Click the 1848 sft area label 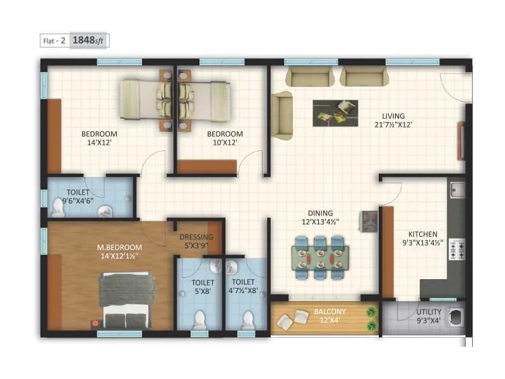pyautogui.click(x=90, y=40)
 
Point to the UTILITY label pyautogui.click(x=429, y=316)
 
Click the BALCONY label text pyautogui.click(x=330, y=316)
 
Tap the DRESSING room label pyautogui.click(x=196, y=241)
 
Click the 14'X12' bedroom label pyautogui.click(x=99, y=138)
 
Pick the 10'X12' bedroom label pyautogui.click(x=225, y=138)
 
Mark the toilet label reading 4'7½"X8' pyautogui.click(x=243, y=286)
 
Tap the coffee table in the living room pyautogui.click(x=335, y=111)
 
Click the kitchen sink pyautogui.click(x=456, y=189)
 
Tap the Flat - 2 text pyautogui.click(x=54, y=40)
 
